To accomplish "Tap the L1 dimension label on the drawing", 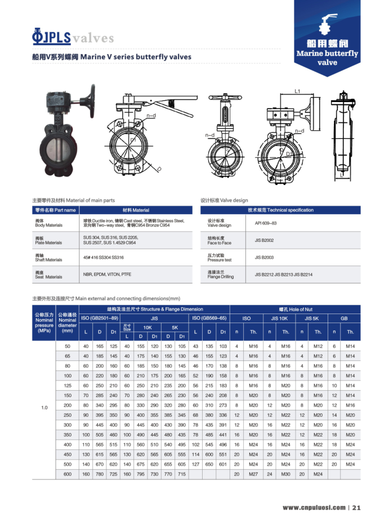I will coord(298,92).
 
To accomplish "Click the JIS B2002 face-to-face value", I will coord(263,241).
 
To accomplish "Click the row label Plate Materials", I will coord(48,241).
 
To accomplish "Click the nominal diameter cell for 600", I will coord(68,474).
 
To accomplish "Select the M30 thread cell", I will coord(285,474).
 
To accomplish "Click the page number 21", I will coord(356,508).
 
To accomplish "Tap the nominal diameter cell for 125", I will coord(68,386).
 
